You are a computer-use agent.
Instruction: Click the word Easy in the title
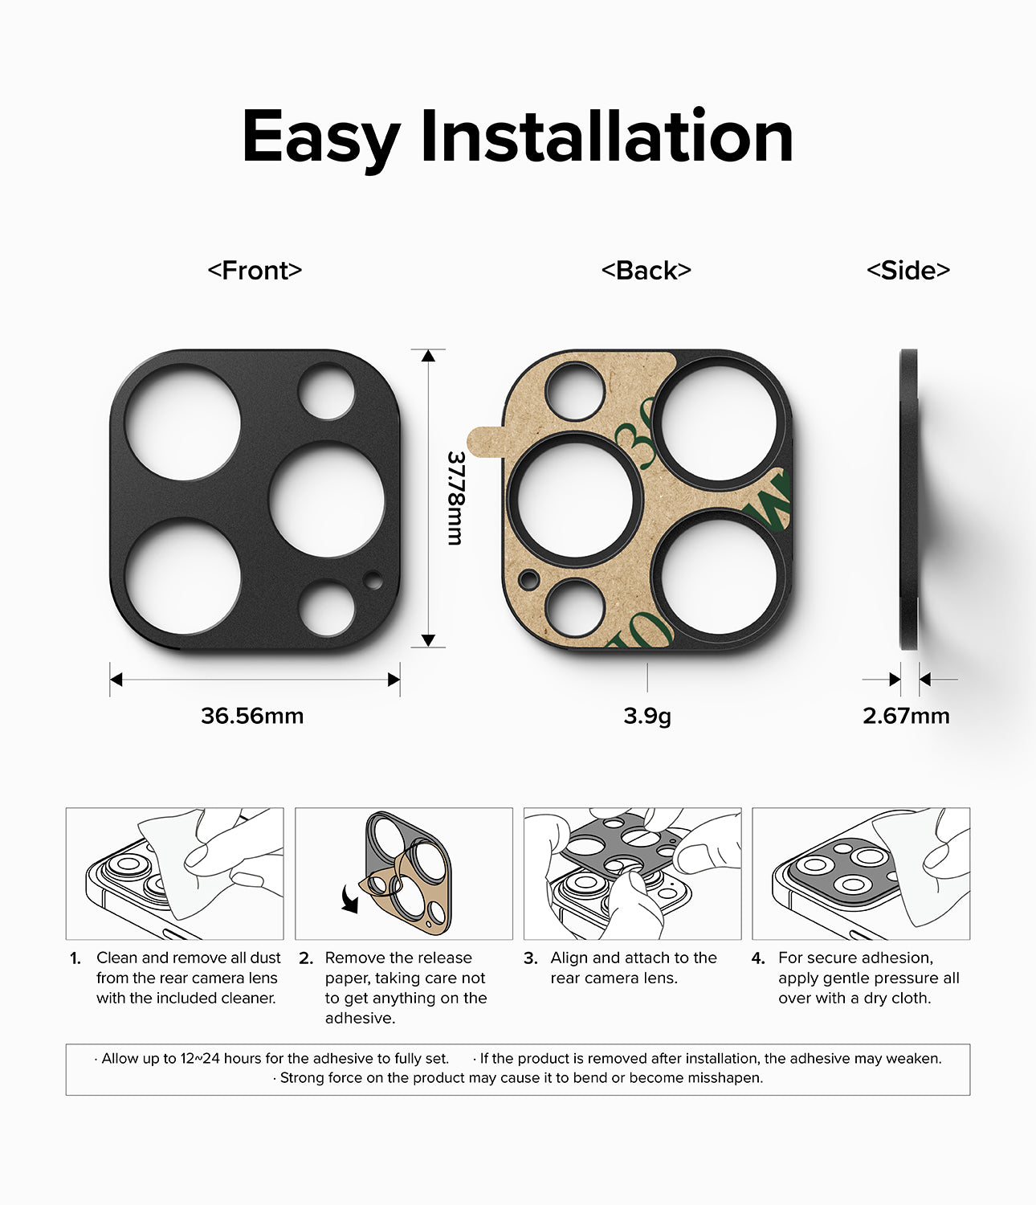click(320, 138)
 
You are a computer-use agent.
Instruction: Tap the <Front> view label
click(255, 271)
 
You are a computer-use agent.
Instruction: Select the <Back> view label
click(646, 271)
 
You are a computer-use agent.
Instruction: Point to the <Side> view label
click(908, 271)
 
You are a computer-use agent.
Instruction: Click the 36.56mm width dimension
click(252, 716)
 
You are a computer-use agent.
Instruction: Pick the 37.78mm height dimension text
click(456, 497)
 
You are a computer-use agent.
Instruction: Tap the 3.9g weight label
click(646, 716)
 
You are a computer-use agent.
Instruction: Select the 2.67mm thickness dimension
click(906, 716)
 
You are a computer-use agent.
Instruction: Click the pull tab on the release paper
click(483, 441)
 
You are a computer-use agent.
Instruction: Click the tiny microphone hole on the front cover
click(373, 578)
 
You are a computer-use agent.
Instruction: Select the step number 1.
click(75, 958)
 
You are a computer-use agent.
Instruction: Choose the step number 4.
click(758, 958)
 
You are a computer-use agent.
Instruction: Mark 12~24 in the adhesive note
click(199, 1059)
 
